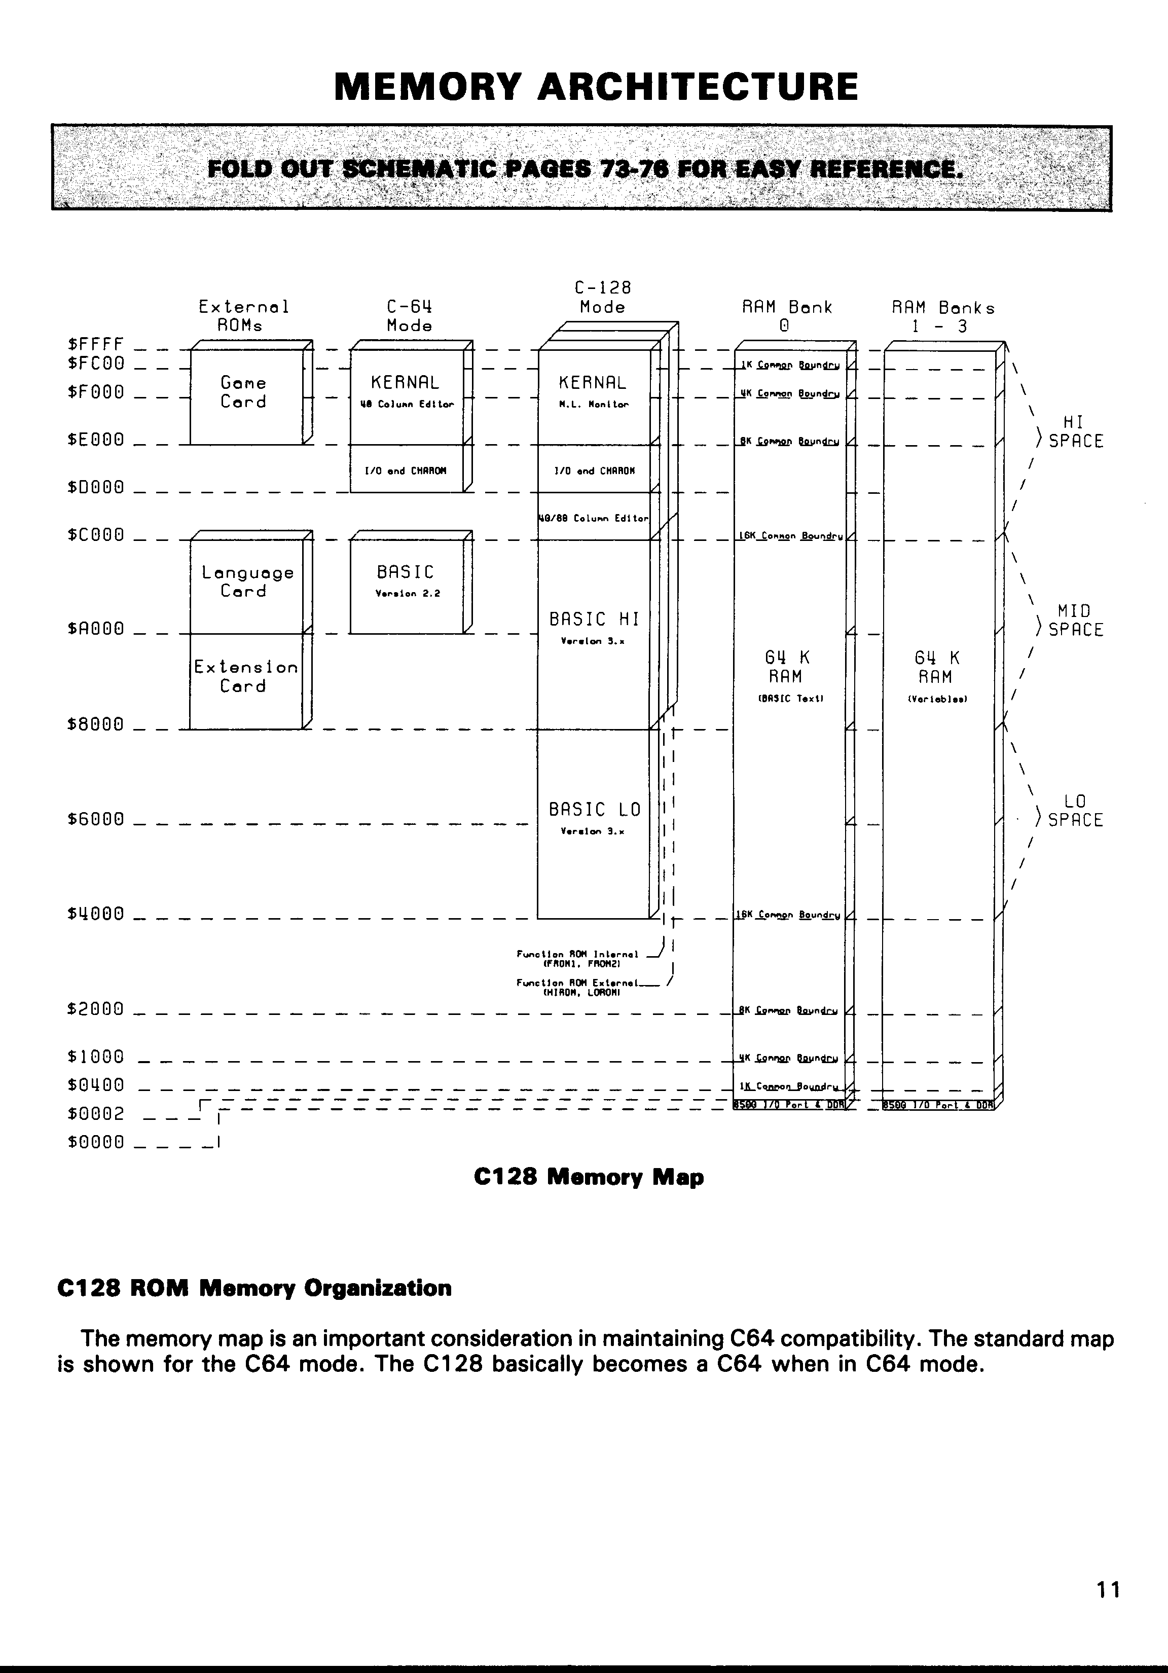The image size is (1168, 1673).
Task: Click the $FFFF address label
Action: coord(95,343)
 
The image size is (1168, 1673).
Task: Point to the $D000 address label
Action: coord(95,487)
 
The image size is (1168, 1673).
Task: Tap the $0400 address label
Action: coord(95,1085)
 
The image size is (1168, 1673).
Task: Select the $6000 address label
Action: coord(95,819)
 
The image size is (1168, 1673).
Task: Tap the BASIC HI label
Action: coord(594,620)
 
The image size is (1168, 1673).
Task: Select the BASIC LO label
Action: coord(594,810)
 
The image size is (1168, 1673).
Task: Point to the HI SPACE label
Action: coord(1075,432)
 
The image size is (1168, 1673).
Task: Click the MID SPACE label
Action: coord(1075,620)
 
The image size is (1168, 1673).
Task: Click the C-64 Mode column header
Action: coord(410,316)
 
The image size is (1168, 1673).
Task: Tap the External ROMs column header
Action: coord(243,316)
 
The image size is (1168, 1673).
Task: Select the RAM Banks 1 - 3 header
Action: coord(943,316)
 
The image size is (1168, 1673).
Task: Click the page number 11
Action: coord(1108,1590)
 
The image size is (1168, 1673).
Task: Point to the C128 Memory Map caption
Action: coord(589,1177)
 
